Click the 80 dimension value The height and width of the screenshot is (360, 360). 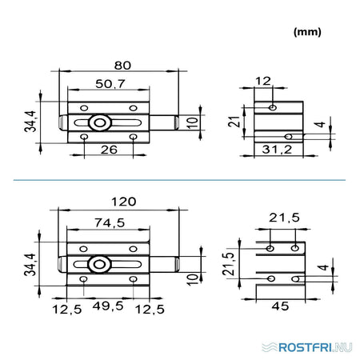coord(122,66)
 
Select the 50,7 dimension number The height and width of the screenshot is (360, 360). coord(110,84)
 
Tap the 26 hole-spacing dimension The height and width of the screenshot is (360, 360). coord(109,150)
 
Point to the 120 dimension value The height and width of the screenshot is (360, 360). coord(124,202)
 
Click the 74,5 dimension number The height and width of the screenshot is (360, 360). coord(110,222)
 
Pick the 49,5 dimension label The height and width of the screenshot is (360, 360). coord(108,306)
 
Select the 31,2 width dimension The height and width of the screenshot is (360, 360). coord(277,150)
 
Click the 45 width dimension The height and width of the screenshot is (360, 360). coord(280,306)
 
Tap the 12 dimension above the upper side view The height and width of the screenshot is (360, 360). coord(263,81)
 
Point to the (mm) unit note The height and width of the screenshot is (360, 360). coord(307,32)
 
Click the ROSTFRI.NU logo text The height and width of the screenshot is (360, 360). coord(315,347)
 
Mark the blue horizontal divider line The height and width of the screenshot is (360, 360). coord(179,180)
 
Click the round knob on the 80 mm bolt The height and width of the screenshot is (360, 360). coord(100,123)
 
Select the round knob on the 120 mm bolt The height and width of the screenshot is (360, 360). coord(99,265)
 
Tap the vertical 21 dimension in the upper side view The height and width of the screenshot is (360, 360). coord(234,122)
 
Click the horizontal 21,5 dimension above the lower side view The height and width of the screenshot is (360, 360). coord(284,218)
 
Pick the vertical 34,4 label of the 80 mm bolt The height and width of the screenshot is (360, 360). coord(30,122)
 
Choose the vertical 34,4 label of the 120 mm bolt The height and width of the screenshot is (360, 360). coord(30,264)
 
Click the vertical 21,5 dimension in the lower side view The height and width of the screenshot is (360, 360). coord(229,264)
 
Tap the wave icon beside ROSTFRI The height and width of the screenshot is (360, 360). coord(270,347)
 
